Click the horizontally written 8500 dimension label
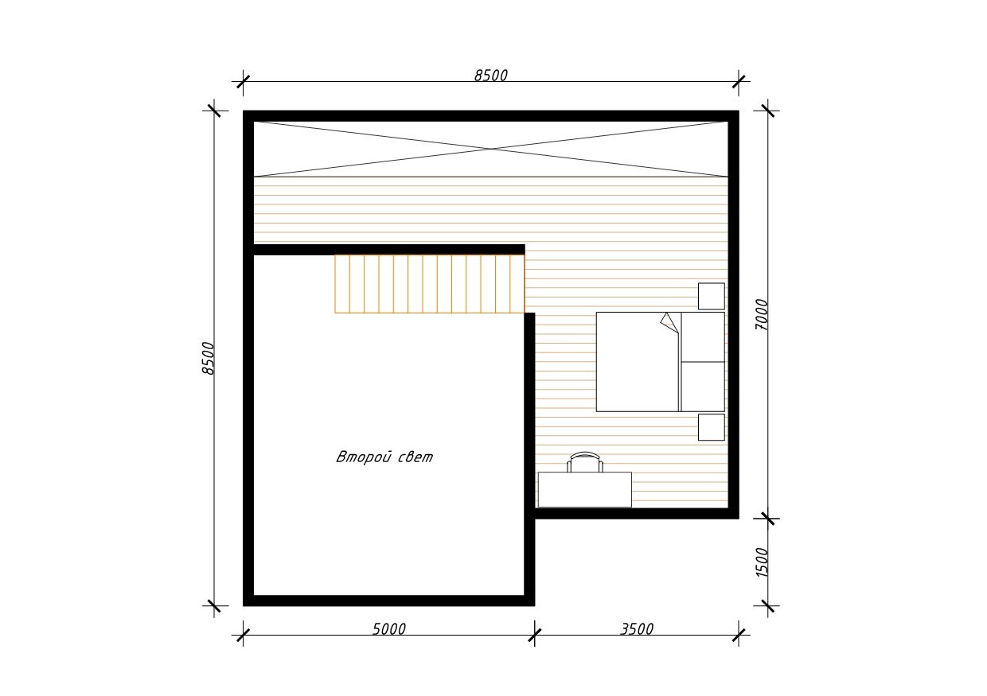tap(491, 76)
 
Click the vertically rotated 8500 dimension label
tap(208, 359)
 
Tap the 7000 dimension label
tap(761, 315)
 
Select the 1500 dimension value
tap(761, 562)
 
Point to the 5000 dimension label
tap(388, 629)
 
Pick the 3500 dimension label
tap(637, 629)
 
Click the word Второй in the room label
tap(364, 457)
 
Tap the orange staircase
tap(430, 284)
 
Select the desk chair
tap(585, 462)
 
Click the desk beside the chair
tap(585, 489)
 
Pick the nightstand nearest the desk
tap(711, 427)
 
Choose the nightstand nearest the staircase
tap(711, 296)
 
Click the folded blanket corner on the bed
tap(669, 323)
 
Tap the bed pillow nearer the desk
tap(703, 387)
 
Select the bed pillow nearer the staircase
tap(703, 337)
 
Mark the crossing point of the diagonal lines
tap(491, 149)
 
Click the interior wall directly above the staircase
tap(389, 250)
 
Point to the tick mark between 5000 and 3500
tap(534, 635)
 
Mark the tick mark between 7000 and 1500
tap(767, 519)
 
